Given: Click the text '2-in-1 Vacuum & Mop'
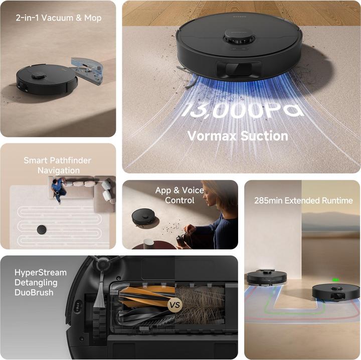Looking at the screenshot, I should [58, 18].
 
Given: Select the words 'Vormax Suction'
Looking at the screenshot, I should [238, 136].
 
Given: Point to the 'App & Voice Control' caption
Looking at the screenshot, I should [179, 195].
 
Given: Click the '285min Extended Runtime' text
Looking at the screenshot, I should [303, 201].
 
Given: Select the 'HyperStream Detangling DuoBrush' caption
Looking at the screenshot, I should [40, 282].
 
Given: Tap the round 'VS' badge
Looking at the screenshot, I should [174, 305].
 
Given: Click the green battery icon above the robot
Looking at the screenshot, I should [335, 280].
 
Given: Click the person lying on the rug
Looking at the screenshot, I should [58, 189].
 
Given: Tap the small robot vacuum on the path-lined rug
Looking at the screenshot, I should [42, 229].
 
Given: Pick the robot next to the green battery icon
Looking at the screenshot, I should [329, 291].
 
